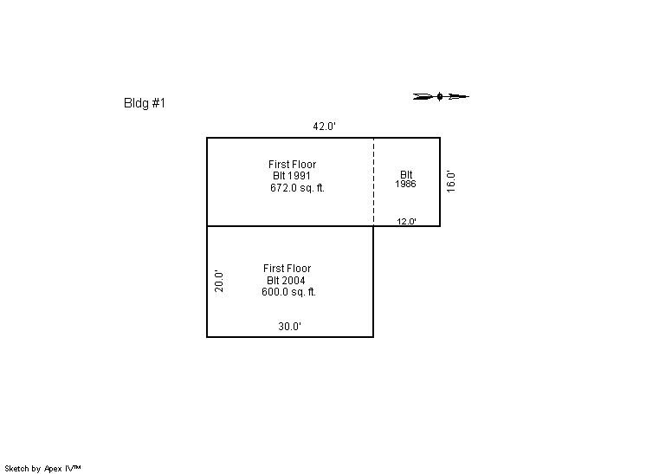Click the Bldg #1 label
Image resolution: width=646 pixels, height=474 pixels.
tap(145, 102)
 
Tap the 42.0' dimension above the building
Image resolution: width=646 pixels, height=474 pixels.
tap(324, 127)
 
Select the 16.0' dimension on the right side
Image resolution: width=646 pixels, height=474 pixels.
tap(451, 182)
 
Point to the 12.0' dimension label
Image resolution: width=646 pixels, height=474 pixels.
tap(406, 221)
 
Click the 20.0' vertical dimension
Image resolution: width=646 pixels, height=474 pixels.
tap(219, 281)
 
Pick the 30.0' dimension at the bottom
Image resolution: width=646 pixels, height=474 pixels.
tap(289, 327)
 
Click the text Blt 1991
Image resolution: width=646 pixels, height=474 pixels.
tap(292, 176)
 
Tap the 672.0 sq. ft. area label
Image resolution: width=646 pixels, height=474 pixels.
tap(298, 188)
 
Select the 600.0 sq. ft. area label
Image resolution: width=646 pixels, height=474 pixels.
tap(289, 292)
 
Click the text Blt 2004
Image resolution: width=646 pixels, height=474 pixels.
tap(286, 281)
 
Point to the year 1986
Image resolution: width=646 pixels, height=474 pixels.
tap(405, 184)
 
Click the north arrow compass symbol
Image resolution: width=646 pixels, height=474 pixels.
tap(441, 96)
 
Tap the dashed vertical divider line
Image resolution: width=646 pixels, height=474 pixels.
tap(374, 182)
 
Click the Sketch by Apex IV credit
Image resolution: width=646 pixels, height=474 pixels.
tap(42, 469)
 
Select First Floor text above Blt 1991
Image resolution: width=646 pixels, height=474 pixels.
tap(292, 165)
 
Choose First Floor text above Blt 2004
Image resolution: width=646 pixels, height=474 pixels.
tap(287, 269)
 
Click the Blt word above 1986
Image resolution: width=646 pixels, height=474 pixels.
tap(406, 175)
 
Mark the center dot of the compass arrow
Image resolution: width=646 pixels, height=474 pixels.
tap(440, 96)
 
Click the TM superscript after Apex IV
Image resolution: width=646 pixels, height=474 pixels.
tap(77, 466)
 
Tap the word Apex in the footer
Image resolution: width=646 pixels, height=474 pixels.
tap(53, 469)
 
